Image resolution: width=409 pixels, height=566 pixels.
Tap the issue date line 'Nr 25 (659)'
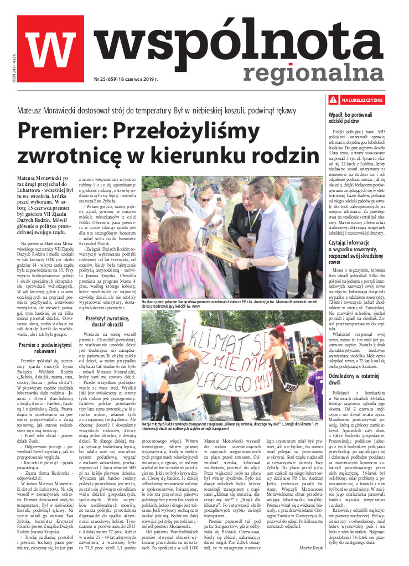[x=127, y=80]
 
